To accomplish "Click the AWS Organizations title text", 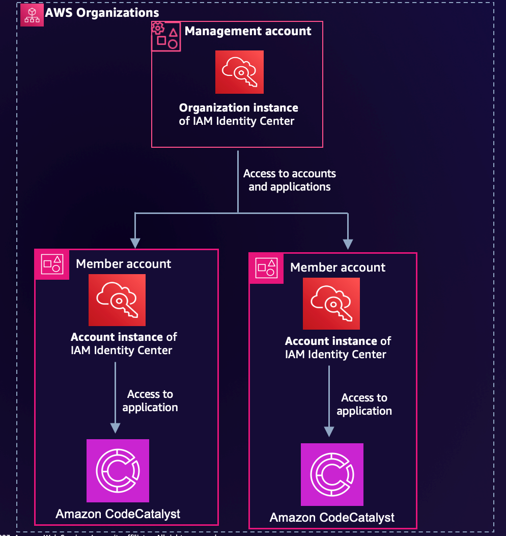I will (102, 13).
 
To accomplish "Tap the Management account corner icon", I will (166, 36).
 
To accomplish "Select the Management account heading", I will (247, 31).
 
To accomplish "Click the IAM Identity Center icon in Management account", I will (239, 72).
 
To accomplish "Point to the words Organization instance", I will (238, 108).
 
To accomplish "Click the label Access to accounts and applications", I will (289, 180).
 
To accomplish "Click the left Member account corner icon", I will (52, 264).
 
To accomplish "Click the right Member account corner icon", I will (266, 267).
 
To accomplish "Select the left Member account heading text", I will (123, 264).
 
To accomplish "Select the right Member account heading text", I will (338, 267).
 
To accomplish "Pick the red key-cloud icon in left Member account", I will (117, 300).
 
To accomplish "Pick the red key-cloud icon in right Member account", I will (331, 304).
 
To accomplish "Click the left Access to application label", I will (150, 400).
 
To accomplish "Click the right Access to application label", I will (364, 404).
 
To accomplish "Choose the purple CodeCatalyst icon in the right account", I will (332, 474).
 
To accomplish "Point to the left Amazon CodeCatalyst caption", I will (118, 514).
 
